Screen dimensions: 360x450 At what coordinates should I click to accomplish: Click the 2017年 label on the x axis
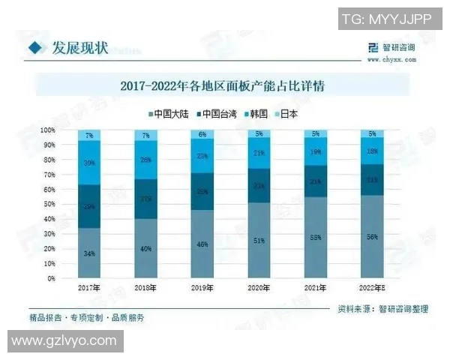click(88, 287)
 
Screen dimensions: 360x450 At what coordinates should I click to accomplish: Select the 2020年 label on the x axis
click(258, 287)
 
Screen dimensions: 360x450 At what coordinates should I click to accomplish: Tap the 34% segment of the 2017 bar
click(89, 253)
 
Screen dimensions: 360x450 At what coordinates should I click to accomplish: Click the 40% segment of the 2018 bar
click(145, 248)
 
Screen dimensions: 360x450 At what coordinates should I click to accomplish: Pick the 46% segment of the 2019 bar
click(202, 244)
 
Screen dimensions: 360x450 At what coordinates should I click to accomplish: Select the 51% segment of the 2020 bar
click(258, 240)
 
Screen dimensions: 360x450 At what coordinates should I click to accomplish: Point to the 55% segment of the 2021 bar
click(314, 237)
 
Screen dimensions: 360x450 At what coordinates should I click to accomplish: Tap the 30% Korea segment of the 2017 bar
click(89, 163)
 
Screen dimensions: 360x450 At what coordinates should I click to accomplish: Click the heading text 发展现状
click(79, 48)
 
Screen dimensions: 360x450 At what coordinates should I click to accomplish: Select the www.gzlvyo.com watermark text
click(64, 341)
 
